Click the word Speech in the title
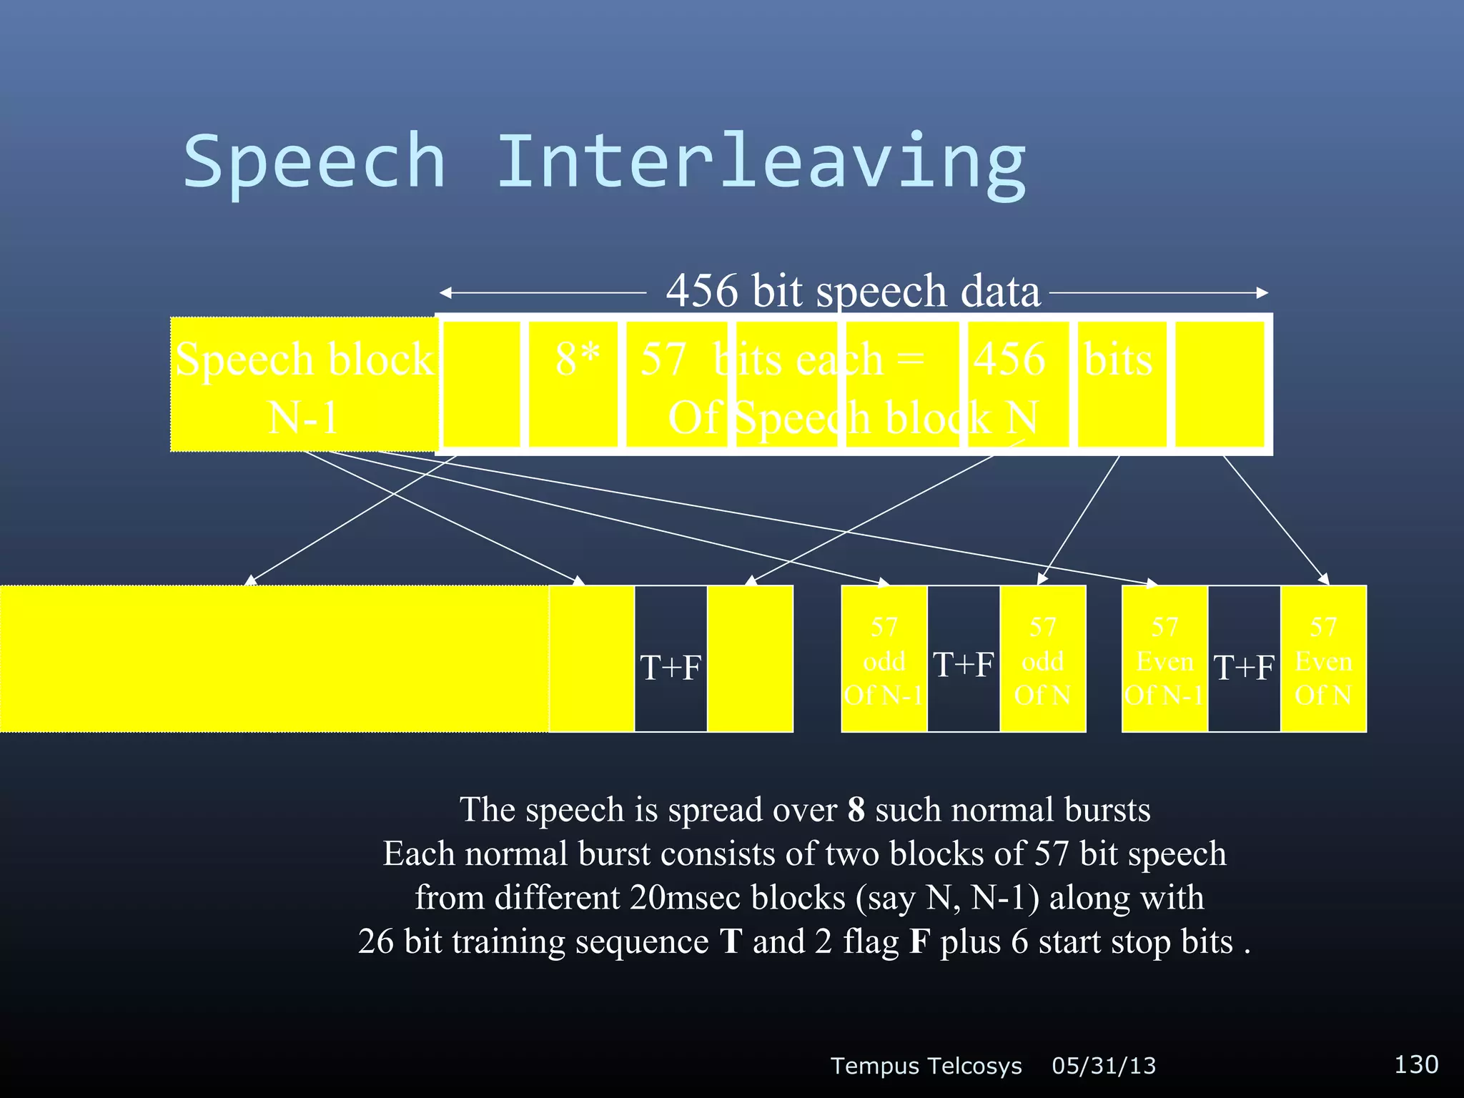pos(315,163)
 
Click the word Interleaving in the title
pos(761,163)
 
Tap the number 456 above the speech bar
pos(702,291)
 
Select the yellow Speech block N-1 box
pos(304,385)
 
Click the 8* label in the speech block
pos(578,359)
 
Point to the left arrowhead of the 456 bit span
pos(445,292)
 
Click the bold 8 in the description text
pos(856,810)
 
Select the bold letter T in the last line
pos(731,941)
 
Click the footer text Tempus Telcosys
pos(926,1066)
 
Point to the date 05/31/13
pos(1104,1066)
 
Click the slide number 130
pos(1416,1064)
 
